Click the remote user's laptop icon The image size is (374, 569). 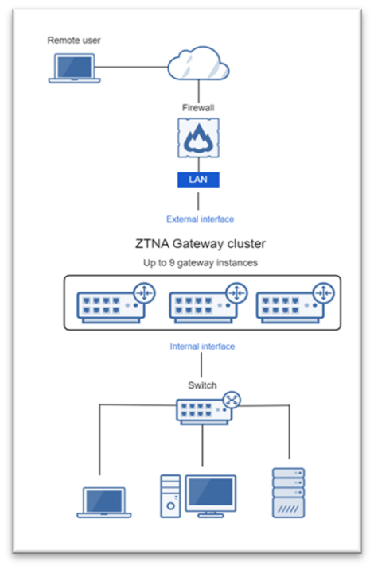(x=75, y=68)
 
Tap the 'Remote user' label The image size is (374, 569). (x=74, y=41)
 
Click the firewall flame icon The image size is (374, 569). (x=198, y=138)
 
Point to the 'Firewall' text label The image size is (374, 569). (x=198, y=108)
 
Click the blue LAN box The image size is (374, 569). (x=198, y=180)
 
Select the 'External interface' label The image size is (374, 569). (x=201, y=219)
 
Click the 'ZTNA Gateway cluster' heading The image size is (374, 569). (x=201, y=243)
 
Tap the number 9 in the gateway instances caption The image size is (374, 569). (x=172, y=263)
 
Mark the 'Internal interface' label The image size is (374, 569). (x=202, y=346)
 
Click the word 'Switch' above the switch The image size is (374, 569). (x=202, y=385)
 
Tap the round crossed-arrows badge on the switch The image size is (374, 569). (x=232, y=400)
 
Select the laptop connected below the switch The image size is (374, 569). (x=104, y=502)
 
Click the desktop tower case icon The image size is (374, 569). (x=170, y=496)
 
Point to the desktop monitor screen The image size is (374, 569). (x=210, y=492)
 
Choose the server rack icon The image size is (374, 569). (x=289, y=493)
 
